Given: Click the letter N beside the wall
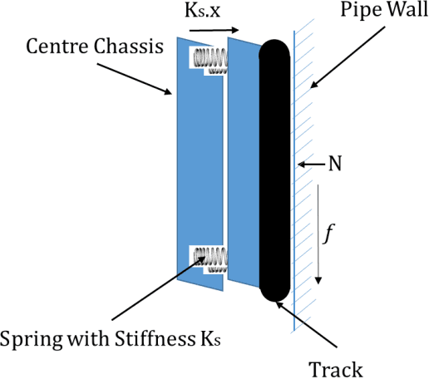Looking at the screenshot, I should point(335,165).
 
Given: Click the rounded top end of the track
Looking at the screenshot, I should point(274,50).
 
